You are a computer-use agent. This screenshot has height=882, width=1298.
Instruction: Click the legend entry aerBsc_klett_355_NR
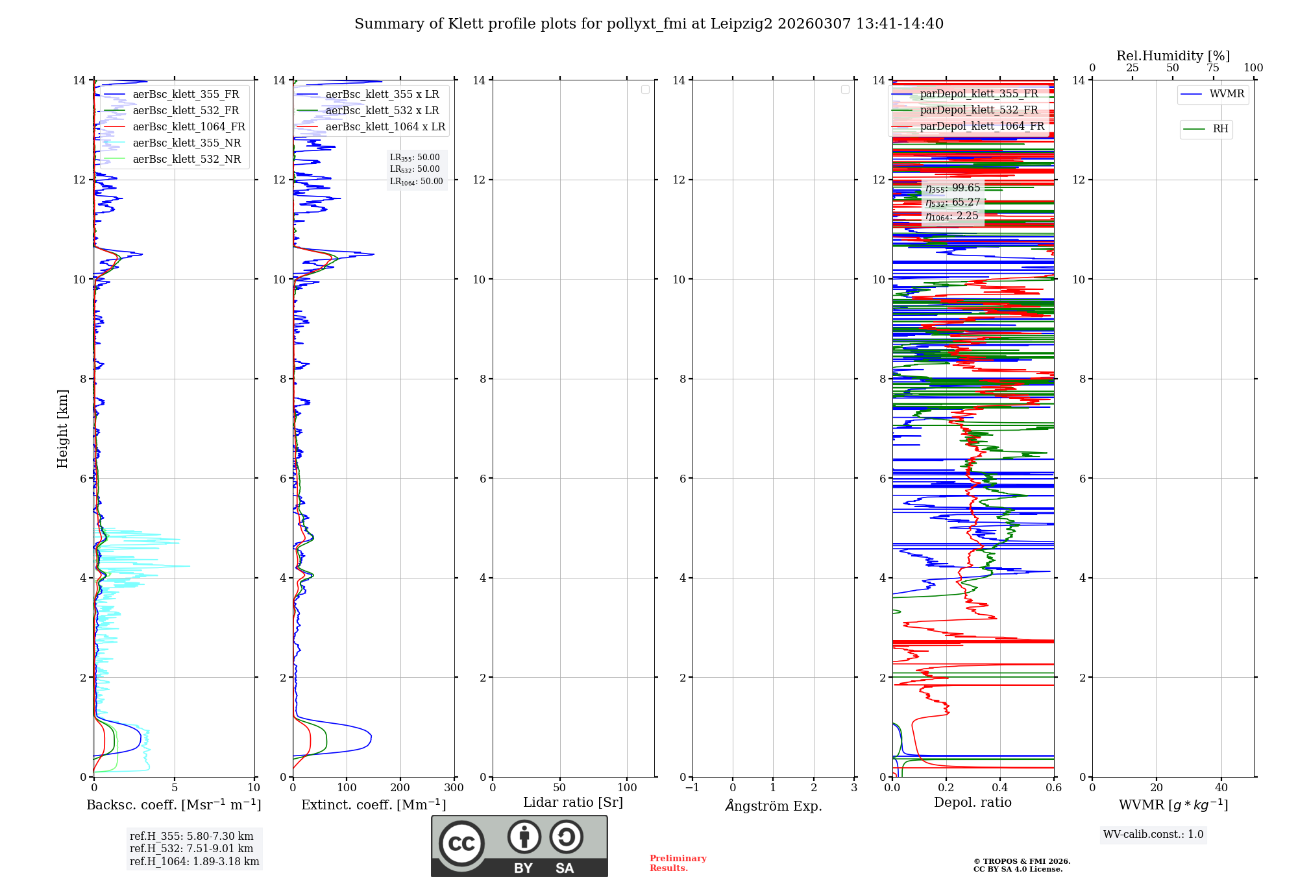pos(186,143)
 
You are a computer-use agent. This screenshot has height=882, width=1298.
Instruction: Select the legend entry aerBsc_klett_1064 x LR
pos(385,126)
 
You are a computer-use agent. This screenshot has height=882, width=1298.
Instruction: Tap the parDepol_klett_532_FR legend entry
pos(979,110)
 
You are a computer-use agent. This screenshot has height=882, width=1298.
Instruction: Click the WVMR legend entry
pos(1227,94)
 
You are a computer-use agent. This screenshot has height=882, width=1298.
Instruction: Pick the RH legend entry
pos(1220,129)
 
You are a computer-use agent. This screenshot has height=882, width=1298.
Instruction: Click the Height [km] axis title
pos(62,429)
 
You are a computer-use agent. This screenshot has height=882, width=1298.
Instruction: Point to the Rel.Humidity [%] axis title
pos(1173,56)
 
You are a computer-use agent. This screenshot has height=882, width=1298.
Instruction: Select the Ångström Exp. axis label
pos(773,805)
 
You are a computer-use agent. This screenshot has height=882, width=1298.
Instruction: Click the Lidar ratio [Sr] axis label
pos(573,802)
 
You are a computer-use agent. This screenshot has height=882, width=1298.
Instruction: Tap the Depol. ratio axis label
pos(972,802)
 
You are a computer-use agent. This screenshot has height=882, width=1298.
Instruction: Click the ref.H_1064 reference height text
pos(194,861)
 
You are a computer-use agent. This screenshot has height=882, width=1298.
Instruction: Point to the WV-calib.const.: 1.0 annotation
pos(1153,835)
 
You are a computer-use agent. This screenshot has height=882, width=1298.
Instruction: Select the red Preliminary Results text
pos(678,863)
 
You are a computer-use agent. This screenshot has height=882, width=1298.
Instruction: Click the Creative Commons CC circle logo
pos(461,844)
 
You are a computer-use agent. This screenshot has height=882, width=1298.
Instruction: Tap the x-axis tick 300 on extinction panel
pos(454,788)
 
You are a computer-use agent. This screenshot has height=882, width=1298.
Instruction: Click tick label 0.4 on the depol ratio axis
pos(1000,788)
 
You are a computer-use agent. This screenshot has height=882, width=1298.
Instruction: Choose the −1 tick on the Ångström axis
pos(692,788)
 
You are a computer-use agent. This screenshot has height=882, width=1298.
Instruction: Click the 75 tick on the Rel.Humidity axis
pos(1212,68)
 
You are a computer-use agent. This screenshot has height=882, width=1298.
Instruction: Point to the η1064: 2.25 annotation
pos(952,216)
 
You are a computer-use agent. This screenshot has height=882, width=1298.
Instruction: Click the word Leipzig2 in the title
pos(741,24)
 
